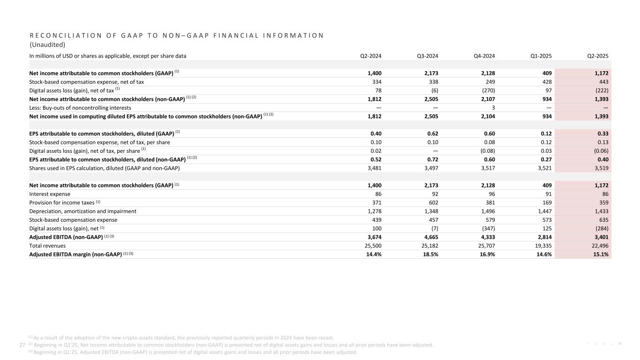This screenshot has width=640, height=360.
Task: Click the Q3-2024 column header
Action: (x=427, y=56)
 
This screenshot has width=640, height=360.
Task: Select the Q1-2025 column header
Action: (x=541, y=56)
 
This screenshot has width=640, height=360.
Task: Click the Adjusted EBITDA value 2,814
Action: (x=543, y=237)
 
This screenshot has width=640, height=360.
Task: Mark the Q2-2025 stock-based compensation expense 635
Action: (x=603, y=220)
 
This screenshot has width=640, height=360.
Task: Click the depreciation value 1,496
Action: (x=487, y=211)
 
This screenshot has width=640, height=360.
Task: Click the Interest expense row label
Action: (x=50, y=194)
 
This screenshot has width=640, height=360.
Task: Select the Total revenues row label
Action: (x=47, y=246)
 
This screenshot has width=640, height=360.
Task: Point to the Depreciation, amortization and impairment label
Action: (x=83, y=211)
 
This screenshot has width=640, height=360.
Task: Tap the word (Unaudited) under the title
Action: (x=47, y=45)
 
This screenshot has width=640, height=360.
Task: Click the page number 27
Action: (x=22, y=345)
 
